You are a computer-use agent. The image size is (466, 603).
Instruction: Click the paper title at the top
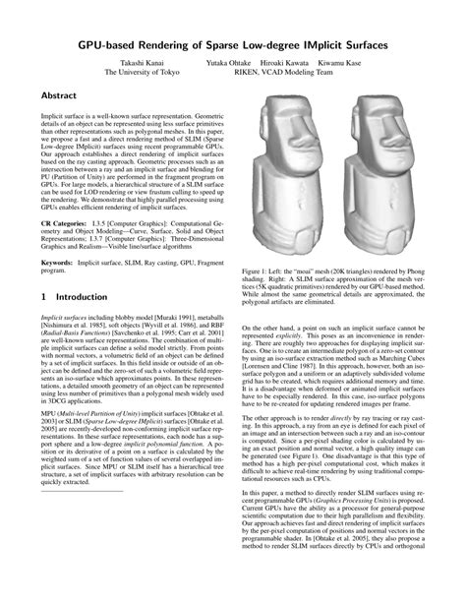[x=233, y=45]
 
